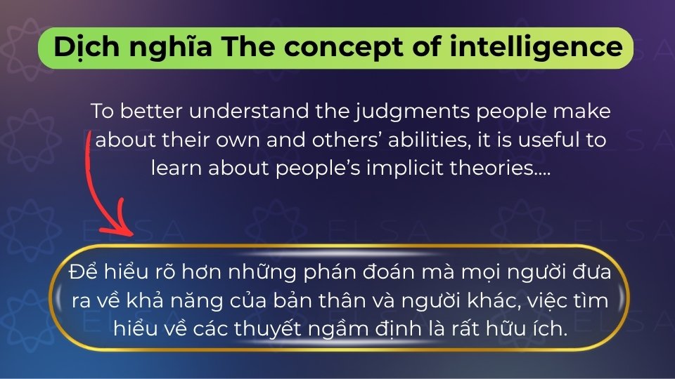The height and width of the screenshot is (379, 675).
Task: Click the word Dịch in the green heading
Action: click(x=86, y=46)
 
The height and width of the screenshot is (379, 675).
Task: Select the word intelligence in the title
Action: click(x=536, y=47)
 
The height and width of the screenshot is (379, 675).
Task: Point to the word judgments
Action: click(x=413, y=112)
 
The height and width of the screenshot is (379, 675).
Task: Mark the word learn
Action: click(x=176, y=168)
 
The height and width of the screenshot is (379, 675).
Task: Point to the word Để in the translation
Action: click(x=84, y=272)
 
